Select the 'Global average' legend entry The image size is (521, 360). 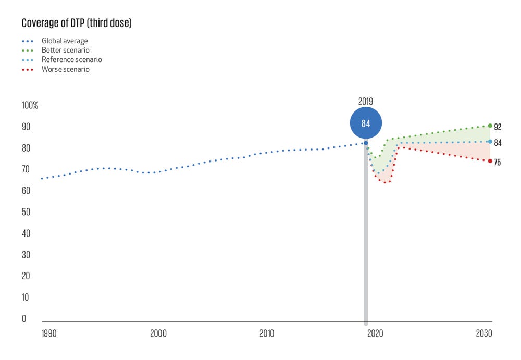point(65,41)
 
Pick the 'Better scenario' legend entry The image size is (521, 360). point(66,50)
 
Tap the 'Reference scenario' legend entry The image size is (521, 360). point(71,60)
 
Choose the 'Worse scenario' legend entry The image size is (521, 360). point(66,69)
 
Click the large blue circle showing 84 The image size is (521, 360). point(366,123)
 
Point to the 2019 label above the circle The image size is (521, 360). point(366,101)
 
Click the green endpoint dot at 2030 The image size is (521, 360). point(490,126)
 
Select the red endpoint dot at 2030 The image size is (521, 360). point(490,161)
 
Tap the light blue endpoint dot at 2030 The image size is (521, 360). point(490,142)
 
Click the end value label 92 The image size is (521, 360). point(498,127)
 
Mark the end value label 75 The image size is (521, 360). point(498,163)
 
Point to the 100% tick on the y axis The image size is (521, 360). point(30,106)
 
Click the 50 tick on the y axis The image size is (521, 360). point(26,213)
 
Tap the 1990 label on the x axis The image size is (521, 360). point(50,333)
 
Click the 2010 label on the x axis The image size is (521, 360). point(267,333)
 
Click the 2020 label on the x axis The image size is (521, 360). point(375,333)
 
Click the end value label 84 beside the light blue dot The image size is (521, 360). point(498,143)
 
